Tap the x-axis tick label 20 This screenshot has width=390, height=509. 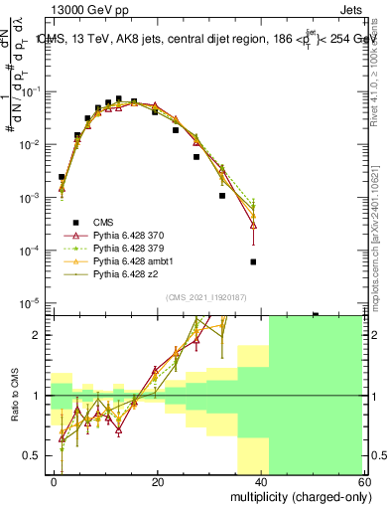(x=158, y=481)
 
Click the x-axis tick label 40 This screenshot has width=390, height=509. (x=262, y=481)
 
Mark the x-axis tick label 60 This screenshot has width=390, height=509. (x=364, y=481)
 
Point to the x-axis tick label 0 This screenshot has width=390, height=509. (x=55, y=481)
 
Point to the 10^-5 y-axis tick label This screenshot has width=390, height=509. (x=31, y=302)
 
